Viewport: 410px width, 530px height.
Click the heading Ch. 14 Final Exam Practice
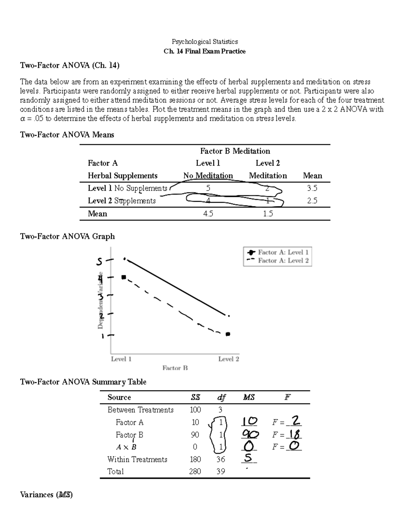pos(204,52)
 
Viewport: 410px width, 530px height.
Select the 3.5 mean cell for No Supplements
pos(312,188)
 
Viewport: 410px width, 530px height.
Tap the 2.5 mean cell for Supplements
pos(312,201)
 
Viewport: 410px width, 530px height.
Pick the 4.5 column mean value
pos(208,214)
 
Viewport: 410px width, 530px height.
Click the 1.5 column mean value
pos(268,214)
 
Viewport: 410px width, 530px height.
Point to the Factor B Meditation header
pos(235,151)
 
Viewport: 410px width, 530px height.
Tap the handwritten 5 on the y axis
pos(99,262)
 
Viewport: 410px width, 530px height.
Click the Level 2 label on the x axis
pos(229,359)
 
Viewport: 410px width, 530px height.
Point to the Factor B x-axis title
pos(175,368)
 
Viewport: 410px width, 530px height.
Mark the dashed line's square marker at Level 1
pos(124,277)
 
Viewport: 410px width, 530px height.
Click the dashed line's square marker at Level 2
pos(228,334)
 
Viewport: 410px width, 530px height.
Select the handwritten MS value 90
pos(250,434)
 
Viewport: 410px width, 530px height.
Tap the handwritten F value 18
pos(295,434)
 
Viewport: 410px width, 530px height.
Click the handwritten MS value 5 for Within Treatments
pos(249,458)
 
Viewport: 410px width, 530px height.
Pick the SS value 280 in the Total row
pos(195,472)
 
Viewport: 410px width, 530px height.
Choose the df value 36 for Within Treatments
pos(220,460)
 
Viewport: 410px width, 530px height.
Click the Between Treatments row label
pos(140,410)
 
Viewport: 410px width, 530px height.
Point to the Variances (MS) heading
pos(46,495)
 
